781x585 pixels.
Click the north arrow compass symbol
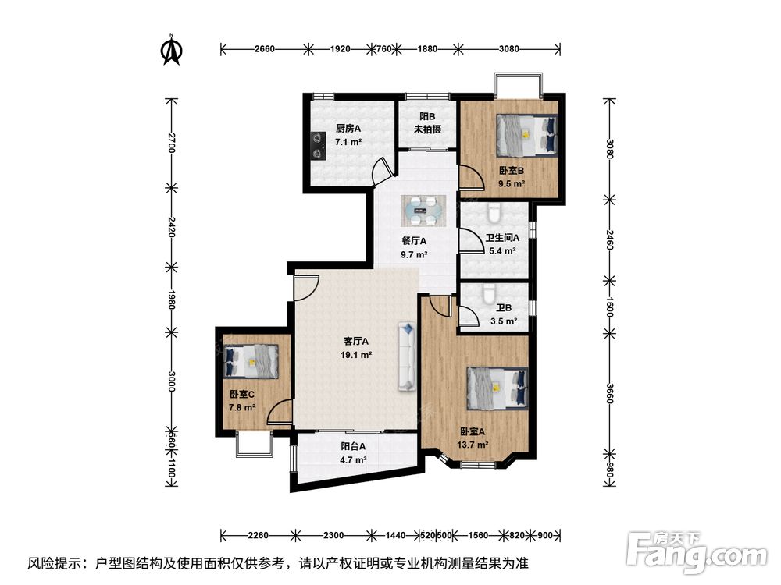171,50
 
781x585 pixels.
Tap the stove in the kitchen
318,146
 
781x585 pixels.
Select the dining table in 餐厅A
423,211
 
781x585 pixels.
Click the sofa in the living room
407,356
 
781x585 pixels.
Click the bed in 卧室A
497,388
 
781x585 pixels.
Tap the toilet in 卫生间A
494,212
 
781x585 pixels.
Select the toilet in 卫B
489,293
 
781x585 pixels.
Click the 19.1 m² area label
356,355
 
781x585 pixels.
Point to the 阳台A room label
353,447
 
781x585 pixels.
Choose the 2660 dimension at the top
265,48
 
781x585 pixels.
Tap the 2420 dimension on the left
171,227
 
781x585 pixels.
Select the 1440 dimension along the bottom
395,535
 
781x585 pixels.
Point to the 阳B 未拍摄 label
428,123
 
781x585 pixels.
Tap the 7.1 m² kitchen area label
348,142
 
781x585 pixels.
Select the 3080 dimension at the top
509,48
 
